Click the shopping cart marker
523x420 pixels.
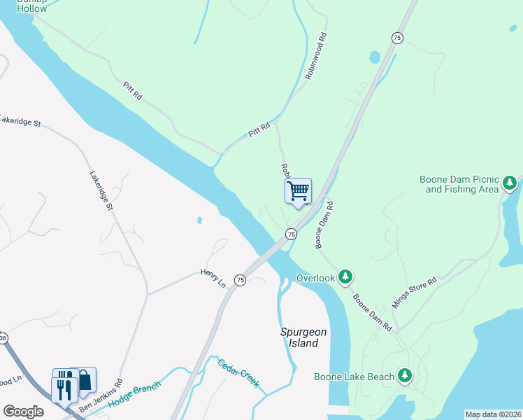coord(299,191)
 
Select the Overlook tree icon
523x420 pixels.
coord(345,278)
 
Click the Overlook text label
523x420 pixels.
coord(315,279)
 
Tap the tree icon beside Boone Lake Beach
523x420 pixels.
coord(404,377)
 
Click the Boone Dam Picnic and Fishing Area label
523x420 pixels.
coord(459,184)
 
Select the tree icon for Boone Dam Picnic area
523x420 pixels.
coord(510,185)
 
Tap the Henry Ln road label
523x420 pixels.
coord(213,277)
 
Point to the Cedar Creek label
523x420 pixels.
coord(238,372)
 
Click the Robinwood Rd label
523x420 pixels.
coord(316,57)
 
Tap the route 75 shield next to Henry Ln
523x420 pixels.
coord(240,280)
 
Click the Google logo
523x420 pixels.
coord(23,412)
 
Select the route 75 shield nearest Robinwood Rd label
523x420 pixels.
coord(397,38)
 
